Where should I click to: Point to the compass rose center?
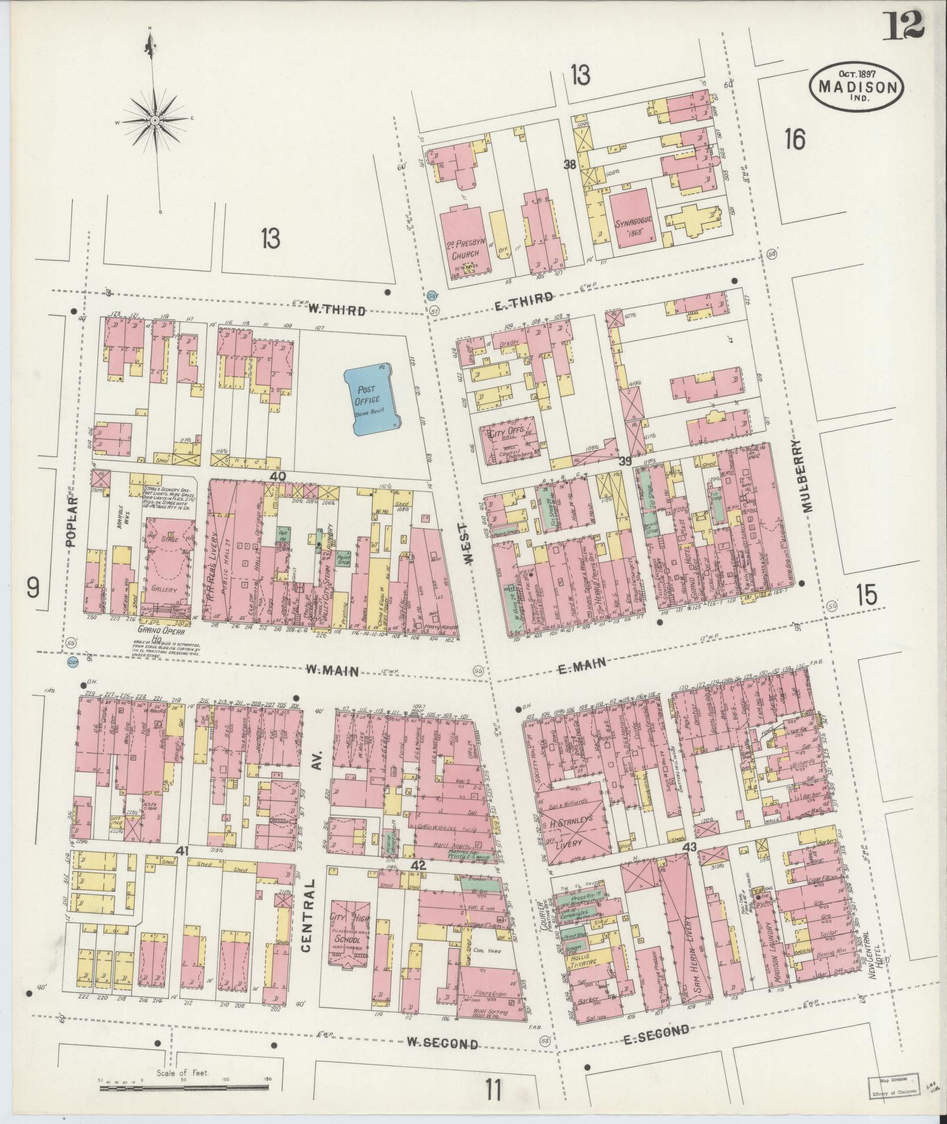155,120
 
